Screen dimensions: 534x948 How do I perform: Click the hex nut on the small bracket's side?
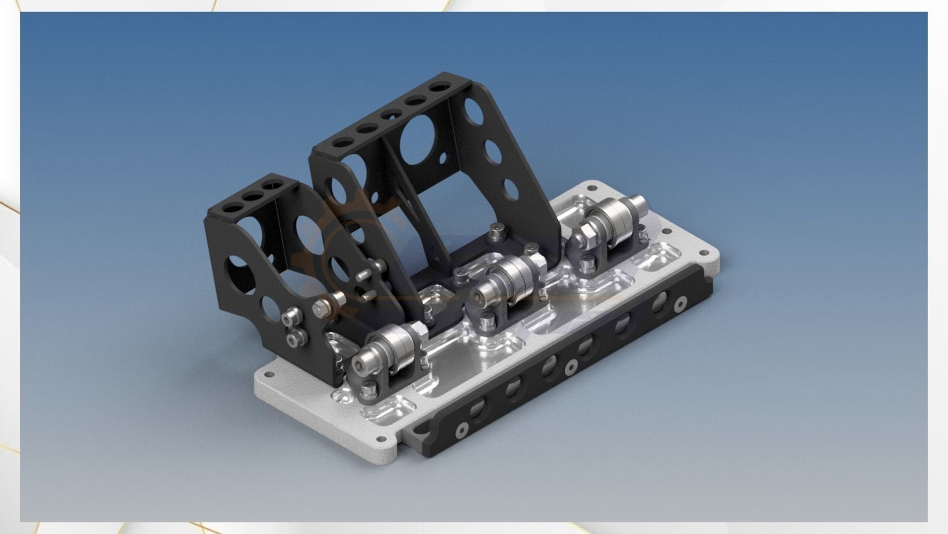[321, 308]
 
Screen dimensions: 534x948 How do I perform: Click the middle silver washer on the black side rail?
[571, 366]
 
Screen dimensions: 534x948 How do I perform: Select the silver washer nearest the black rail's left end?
[460, 429]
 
